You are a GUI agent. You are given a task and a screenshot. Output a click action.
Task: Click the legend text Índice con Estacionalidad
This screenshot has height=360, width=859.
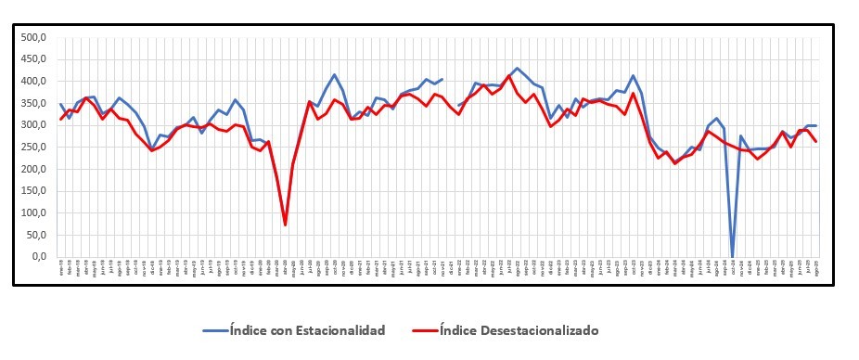pos(305,329)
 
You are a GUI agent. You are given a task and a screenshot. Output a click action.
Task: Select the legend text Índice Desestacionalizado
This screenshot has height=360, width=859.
pos(519,329)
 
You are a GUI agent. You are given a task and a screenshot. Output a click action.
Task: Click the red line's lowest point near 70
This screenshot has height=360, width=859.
pos(285,225)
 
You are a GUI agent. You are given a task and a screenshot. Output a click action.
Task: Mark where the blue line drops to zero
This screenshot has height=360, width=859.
pos(733,256)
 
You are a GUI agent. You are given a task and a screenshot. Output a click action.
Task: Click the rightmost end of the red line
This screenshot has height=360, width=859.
pos(815,141)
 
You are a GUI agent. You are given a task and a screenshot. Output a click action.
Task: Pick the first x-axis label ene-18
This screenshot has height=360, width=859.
pos(61,266)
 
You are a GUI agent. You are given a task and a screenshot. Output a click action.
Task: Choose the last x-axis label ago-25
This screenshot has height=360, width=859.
pos(815,266)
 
